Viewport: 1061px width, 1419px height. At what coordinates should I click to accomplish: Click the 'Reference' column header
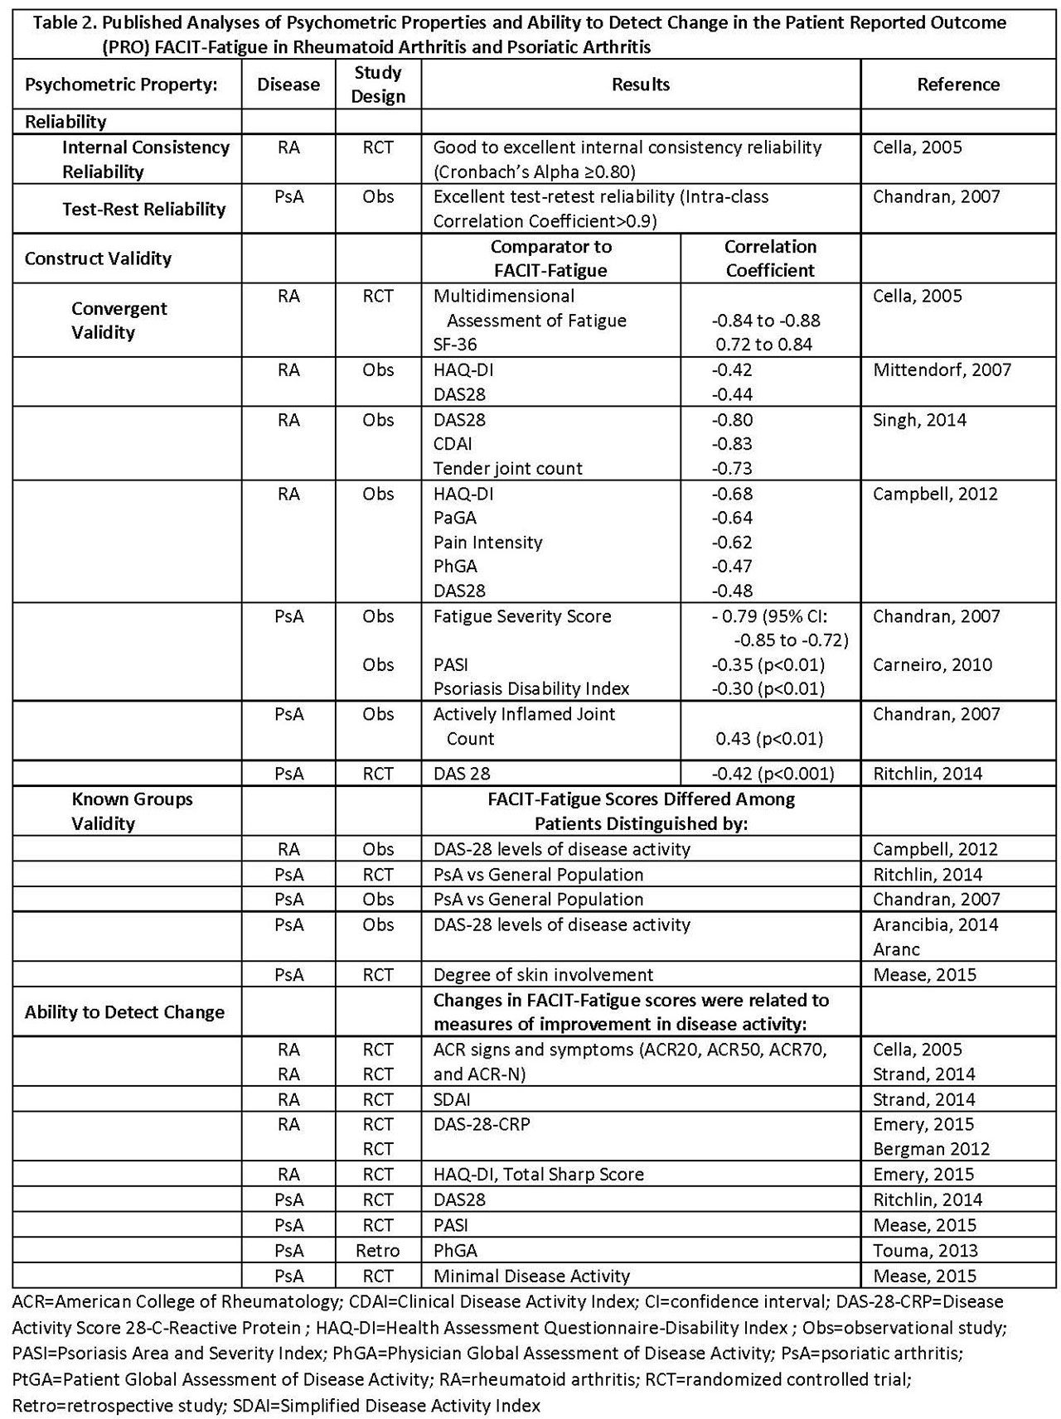tap(957, 84)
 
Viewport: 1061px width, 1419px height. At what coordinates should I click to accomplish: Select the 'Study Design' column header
tap(378, 84)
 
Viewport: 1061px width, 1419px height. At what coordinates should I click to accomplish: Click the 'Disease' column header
tap(288, 84)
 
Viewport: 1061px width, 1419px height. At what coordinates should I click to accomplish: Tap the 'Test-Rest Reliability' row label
tap(144, 209)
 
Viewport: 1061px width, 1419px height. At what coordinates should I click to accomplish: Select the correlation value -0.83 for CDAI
tap(732, 444)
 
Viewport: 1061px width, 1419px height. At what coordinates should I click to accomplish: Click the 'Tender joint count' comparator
tap(507, 469)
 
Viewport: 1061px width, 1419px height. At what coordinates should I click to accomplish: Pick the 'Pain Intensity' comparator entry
tap(487, 543)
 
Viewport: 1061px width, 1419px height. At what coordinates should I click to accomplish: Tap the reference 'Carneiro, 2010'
tap(933, 664)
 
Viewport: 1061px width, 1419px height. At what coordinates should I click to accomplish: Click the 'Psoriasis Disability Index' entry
tap(531, 688)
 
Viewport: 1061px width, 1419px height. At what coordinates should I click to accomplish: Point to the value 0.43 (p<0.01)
tap(769, 739)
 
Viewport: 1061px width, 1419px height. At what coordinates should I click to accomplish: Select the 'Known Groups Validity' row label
tap(132, 811)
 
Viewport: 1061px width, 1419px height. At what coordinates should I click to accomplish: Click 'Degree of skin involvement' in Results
tap(543, 975)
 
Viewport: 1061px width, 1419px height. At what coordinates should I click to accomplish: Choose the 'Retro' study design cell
tap(377, 1250)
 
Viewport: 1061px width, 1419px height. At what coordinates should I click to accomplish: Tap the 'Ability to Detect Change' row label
tap(124, 1012)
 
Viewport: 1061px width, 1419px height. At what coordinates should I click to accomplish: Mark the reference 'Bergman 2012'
tap(932, 1149)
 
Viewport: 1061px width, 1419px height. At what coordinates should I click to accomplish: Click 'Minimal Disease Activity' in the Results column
tap(531, 1276)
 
